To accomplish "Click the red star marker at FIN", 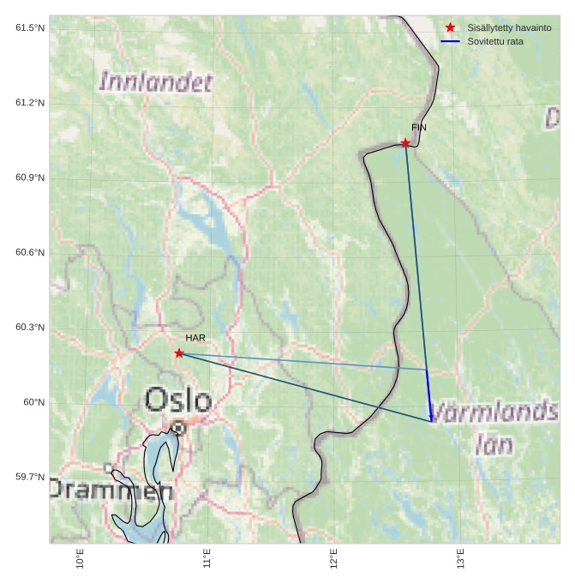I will [405, 143].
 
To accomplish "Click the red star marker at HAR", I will [179, 353].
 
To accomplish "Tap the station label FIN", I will [418, 128].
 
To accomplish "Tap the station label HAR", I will [195, 338].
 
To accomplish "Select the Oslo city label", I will [178, 400].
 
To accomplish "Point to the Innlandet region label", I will [156, 82].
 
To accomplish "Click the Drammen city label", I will [111, 491].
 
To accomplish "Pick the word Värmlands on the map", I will [494, 412].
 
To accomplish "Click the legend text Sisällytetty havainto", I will [509, 27].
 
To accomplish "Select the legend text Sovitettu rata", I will [495, 41].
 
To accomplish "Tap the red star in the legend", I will [450, 27].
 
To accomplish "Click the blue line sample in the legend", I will [450, 41].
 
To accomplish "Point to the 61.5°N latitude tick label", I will [30, 28].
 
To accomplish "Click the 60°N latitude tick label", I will [33, 402].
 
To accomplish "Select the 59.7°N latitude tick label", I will [30, 477].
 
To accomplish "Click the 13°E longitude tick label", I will [461, 558].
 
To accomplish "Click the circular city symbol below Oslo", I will [178, 427].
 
